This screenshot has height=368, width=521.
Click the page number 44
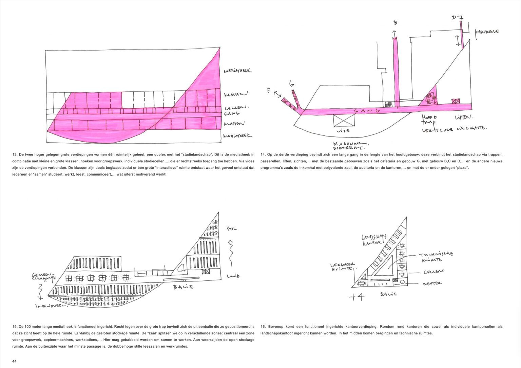[14, 361]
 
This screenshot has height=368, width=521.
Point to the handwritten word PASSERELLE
[487, 32]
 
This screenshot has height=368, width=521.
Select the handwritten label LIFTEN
[463, 117]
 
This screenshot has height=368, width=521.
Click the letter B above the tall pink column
[395, 23]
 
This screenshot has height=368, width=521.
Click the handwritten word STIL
[232, 228]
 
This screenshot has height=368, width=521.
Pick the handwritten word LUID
[233, 276]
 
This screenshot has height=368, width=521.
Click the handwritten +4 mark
[357, 297]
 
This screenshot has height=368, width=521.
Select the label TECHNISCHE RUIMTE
[435, 257]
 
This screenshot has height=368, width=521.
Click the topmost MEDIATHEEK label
[237, 71]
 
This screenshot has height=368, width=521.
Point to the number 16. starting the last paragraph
[263, 327]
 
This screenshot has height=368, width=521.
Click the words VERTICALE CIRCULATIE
[454, 129]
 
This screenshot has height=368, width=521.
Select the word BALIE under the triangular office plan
[388, 294]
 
